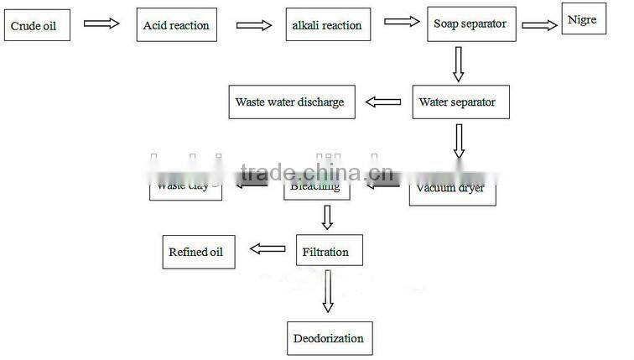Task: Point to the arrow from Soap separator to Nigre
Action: [x=539, y=24]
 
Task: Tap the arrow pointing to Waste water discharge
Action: [x=382, y=102]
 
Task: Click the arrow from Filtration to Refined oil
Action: [x=268, y=248]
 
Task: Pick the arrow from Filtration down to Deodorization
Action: [x=327, y=293]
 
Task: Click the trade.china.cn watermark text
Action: [x=311, y=174]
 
